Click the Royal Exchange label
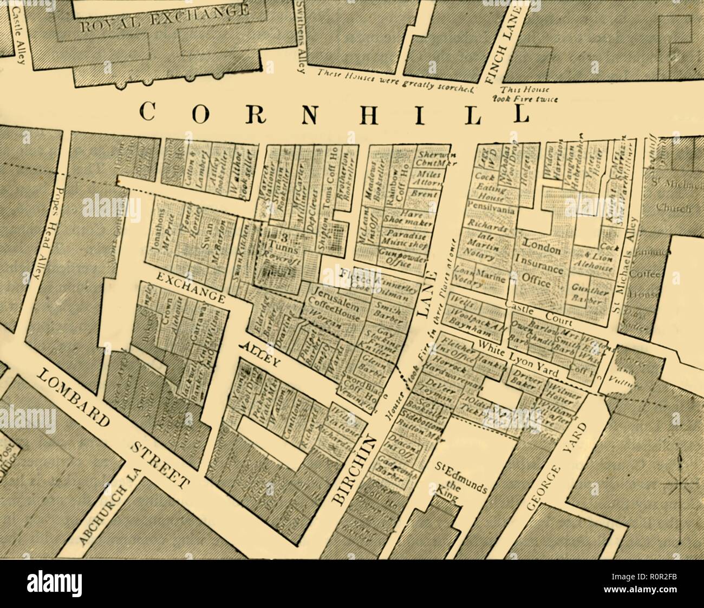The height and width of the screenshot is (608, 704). pyautogui.click(x=165, y=16)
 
